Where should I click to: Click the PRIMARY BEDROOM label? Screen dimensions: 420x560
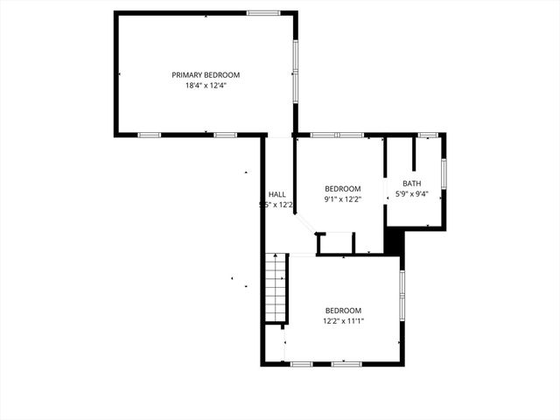coord(206,75)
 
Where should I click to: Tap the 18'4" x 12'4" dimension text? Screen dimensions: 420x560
coord(206,86)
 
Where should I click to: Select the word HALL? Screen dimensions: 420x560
coord(276,194)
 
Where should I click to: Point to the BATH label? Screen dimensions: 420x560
coord(412,183)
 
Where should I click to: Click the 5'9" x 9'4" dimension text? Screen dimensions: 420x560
coord(412,193)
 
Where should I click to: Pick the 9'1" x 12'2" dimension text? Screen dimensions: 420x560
coord(343,199)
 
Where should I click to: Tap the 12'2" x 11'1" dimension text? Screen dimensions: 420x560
coord(343,320)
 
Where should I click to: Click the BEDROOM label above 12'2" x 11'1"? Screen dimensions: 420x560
coord(343,311)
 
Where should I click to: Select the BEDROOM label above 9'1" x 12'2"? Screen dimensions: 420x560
coord(343,188)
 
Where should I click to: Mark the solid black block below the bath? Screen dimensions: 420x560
coord(395,241)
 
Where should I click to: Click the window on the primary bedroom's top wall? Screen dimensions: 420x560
coord(262,12)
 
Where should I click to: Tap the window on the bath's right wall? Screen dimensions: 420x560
coord(444,172)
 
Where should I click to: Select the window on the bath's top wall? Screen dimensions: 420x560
coord(428,135)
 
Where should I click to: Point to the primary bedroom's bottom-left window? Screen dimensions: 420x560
coord(150,135)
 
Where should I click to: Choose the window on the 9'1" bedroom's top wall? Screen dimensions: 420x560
coord(337,135)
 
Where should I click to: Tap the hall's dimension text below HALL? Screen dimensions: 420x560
coord(276,205)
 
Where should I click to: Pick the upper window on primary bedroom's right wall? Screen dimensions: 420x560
coord(296,56)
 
